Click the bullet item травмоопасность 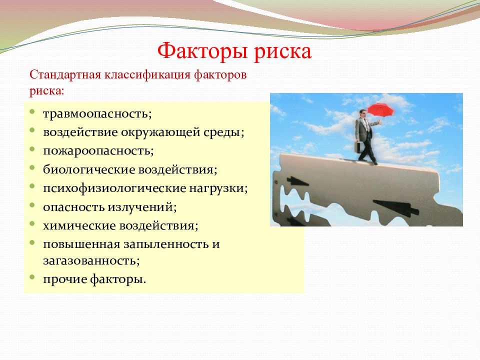pos(97,113)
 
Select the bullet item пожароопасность pos(98,151)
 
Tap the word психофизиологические pos(114,188)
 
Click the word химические pos(79,226)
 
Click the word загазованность pos(91,261)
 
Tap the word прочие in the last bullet pos(65,279)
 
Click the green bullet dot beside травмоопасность pos(32,112)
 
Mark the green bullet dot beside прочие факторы pos(32,277)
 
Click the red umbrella pos(380,109)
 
